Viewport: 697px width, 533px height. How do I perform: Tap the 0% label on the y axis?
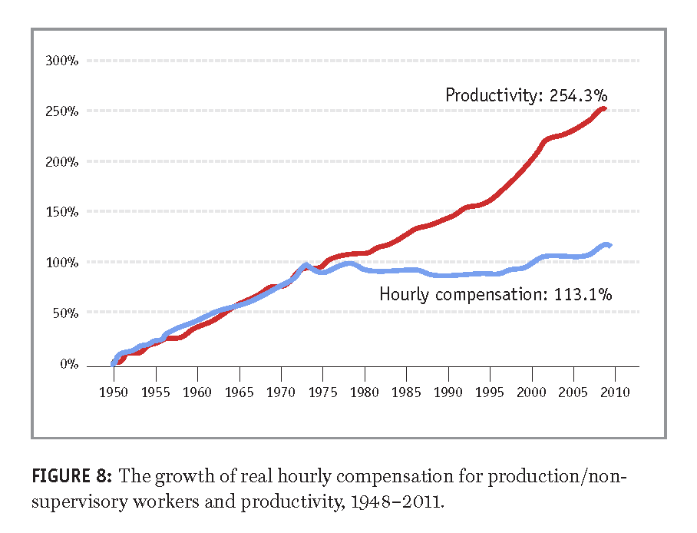[x=70, y=364]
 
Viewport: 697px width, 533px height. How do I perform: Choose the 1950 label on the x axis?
[x=114, y=393]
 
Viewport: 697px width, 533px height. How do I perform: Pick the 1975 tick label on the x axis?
[x=323, y=393]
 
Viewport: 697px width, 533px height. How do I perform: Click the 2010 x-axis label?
[x=616, y=393]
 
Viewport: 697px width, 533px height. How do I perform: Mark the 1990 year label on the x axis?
[x=449, y=393]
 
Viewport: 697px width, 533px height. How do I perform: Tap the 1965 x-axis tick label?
[x=239, y=393]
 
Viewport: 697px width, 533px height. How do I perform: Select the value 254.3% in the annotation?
[x=580, y=96]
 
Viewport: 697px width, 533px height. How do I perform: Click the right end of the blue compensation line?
[x=609, y=245]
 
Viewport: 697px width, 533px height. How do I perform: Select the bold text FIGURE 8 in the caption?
[x=71, y=477]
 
